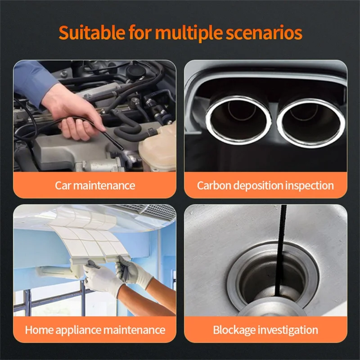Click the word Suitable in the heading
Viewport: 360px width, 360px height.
(x=92, y=32)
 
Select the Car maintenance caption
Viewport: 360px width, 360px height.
(x=95, y=185)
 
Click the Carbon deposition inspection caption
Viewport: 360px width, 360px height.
(x=265, y=185)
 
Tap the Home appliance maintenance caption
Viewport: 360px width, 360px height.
(x=95, y=330)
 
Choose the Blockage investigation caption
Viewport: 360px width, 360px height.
(x=265, y=330)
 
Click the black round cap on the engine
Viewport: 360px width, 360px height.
(x=136, y=71)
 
